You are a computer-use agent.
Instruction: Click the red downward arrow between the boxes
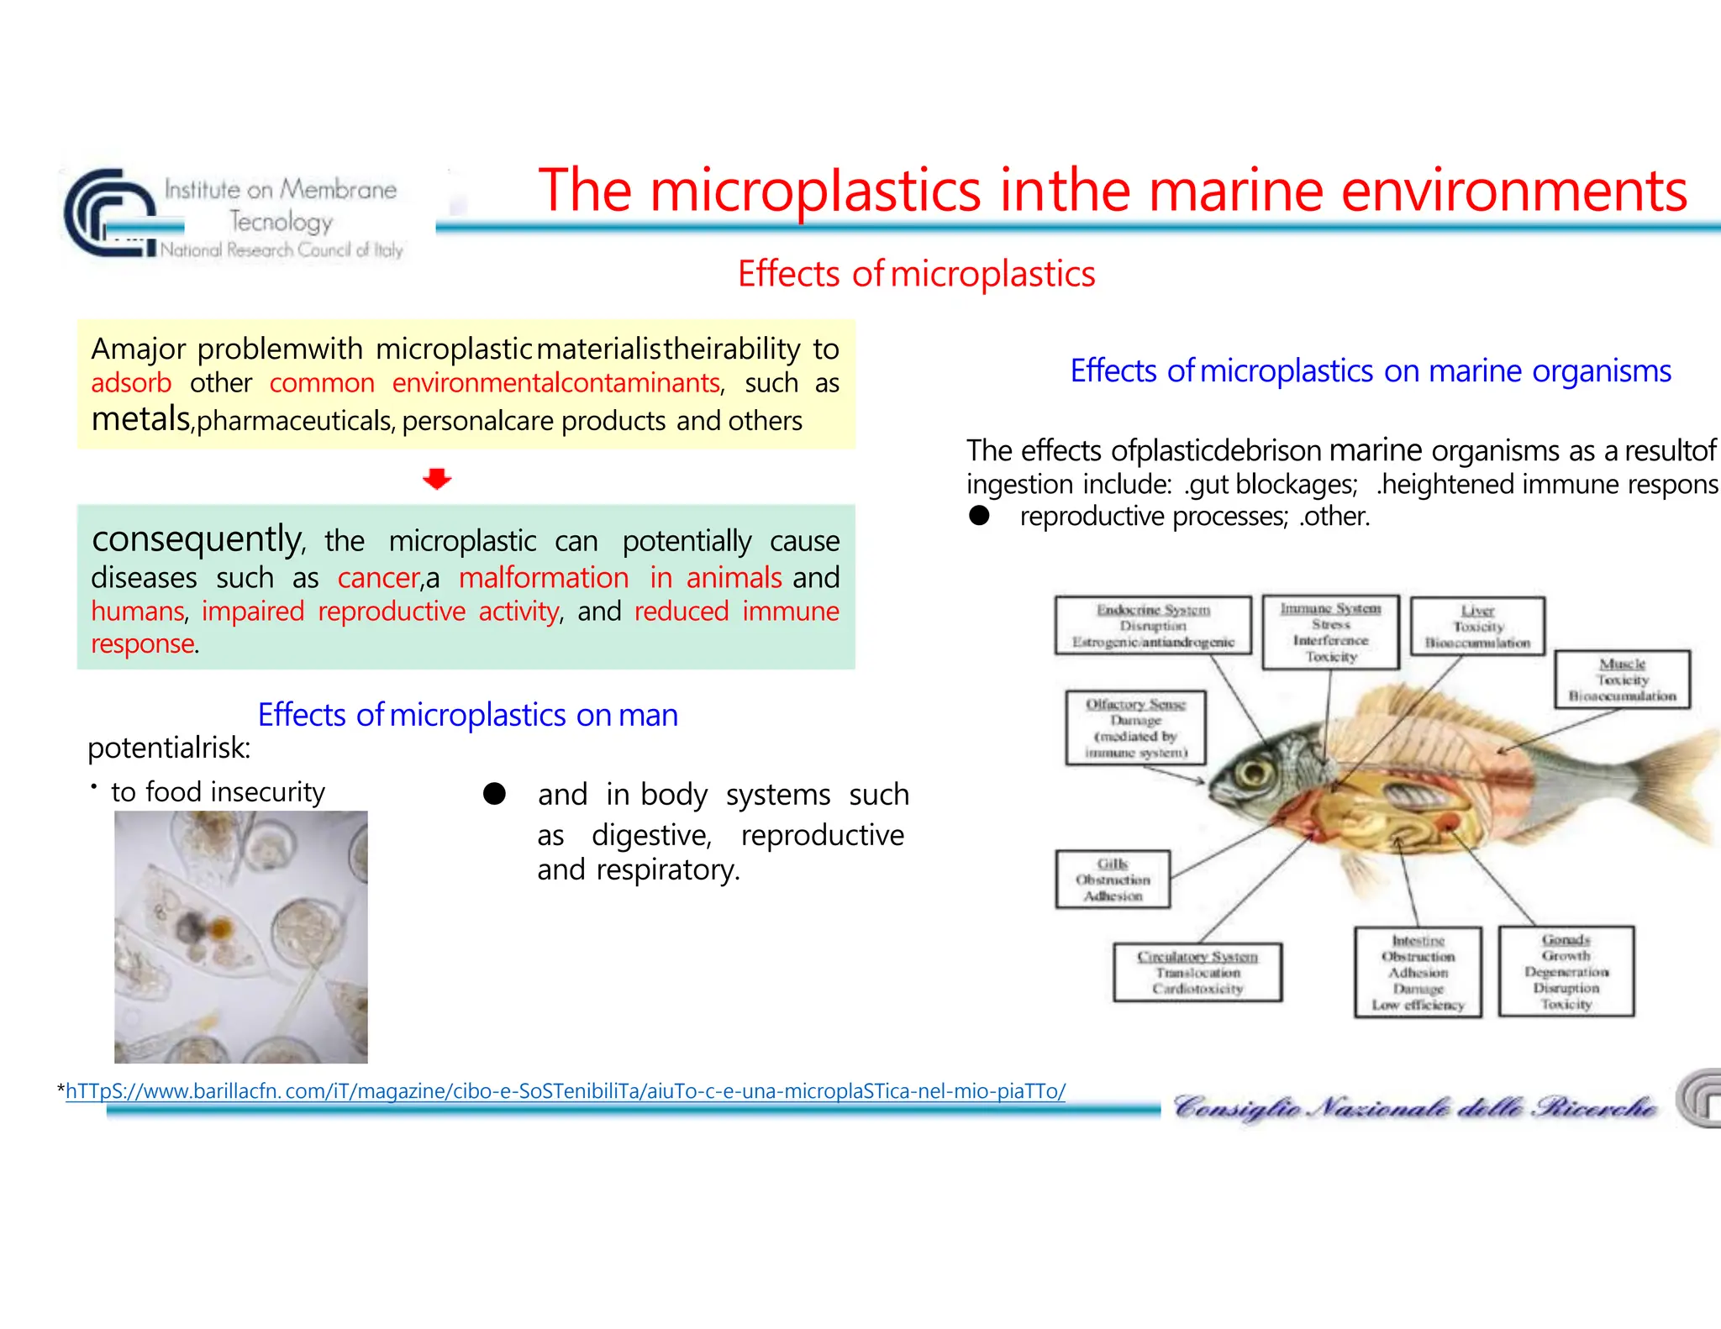437,479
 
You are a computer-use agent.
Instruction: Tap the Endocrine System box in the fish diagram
1153,626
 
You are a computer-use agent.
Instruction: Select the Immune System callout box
1330,632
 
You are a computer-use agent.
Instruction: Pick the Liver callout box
1477,627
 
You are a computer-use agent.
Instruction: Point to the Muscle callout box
1622,680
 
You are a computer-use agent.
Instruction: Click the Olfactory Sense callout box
1135,728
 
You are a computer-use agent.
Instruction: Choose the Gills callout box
1113,880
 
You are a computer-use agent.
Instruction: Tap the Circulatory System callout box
1197,972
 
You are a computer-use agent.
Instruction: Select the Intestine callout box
1418,972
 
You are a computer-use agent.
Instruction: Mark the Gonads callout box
1566,971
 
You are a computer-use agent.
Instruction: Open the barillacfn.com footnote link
565,1091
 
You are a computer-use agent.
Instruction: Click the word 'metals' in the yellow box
141,418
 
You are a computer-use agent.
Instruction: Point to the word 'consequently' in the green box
197,539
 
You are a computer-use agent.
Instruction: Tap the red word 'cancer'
378,578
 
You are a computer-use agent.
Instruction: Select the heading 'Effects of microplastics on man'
467,715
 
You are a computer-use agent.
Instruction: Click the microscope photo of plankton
241,937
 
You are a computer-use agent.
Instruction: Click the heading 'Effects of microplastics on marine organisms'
1371,370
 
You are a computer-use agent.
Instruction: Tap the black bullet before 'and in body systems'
494,794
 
